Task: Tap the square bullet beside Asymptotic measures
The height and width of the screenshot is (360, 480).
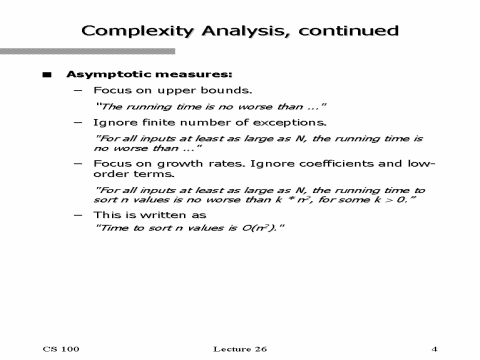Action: pos(46,75)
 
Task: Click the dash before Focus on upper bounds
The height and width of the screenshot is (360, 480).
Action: pos(78,90)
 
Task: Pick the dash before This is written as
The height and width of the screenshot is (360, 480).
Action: pos(78,214)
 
